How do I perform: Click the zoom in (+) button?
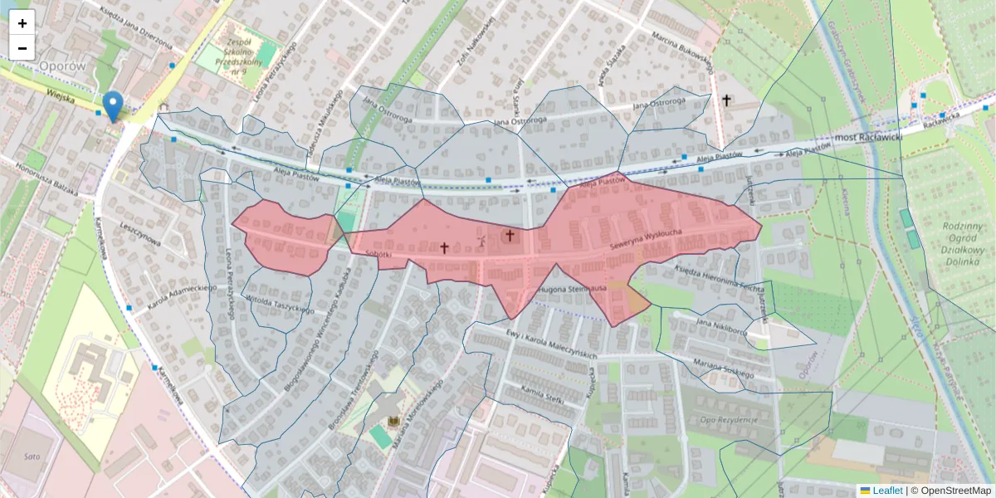22,23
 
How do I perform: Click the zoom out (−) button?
22,48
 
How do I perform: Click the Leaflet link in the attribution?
886,491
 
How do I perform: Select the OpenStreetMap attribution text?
954,491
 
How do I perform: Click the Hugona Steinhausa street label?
573,288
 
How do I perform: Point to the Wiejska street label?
61,97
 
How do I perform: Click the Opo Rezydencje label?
729,419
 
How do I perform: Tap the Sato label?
32,456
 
